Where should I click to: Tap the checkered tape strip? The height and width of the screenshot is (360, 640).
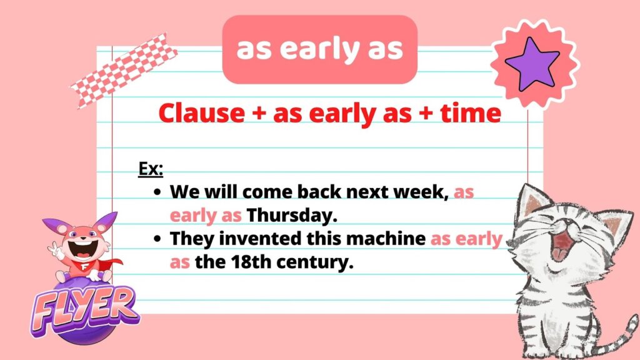point(124,70)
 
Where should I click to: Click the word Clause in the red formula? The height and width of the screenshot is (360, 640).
point(202,113)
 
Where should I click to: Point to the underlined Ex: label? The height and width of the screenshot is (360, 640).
point(151,169)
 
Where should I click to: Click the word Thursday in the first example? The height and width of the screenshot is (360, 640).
point(292,215)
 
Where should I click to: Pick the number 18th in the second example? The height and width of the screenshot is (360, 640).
point(249,262)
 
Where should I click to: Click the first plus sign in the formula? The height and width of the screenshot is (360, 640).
point(259,114)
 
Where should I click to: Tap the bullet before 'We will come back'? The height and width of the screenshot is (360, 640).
point(158,192)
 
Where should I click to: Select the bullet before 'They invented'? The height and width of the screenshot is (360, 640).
point(158,239)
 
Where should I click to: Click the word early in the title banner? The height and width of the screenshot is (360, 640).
point(319,50)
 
